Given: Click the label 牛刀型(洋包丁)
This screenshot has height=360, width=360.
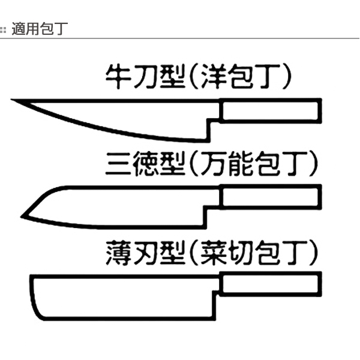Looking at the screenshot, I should click(x=199, y=77).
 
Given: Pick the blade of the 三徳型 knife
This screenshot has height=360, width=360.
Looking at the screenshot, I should click(x=120, y=207).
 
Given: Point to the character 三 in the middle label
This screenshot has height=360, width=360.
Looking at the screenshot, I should click(x=117, y=164).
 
